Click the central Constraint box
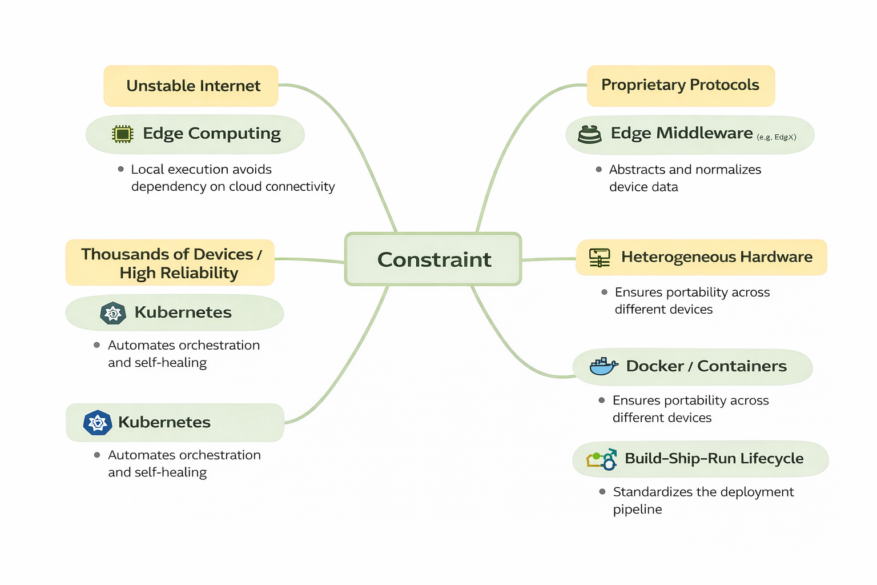point(433,259)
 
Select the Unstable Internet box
point(191,86)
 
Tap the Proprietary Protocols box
point(681,85)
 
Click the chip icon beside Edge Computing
point(123,134)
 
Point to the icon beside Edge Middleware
point(590,134)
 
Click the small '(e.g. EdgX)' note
point(776,137)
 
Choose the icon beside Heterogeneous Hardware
point(600,258)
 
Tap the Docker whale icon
point(603,366)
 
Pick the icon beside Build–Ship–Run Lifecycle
point(602,459)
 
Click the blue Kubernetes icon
point(98,423)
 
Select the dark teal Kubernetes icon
point(113,313)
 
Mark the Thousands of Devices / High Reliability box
point(170,263)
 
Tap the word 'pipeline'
point(637,510)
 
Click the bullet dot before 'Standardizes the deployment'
point(602,492)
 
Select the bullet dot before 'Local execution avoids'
point(121,169)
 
